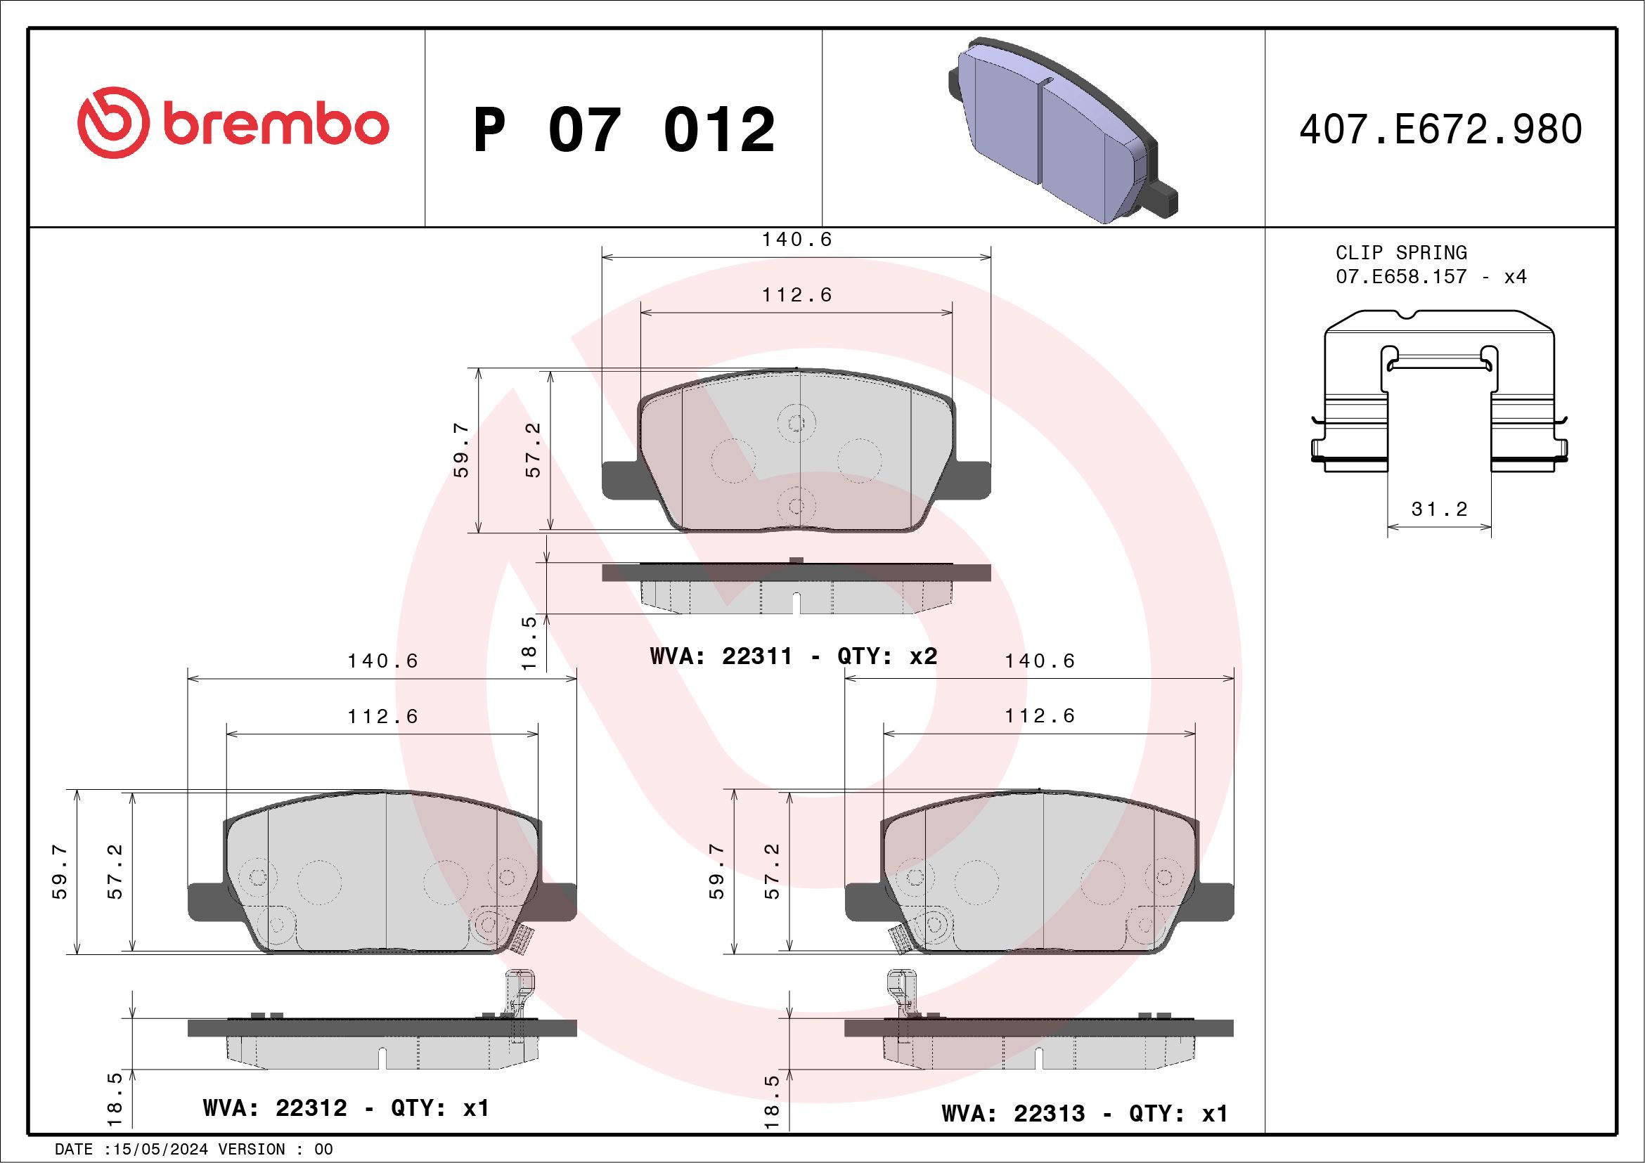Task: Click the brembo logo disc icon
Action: tap(113, 122)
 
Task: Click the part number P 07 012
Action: tap(624, 130)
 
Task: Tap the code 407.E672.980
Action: tap(1440, 129)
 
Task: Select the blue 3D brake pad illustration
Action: tap(1060, 133)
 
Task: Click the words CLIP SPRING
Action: tap(1400, 253)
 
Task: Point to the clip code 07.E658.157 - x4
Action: tap(1431, 276)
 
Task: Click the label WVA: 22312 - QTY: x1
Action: tap(346, 1108)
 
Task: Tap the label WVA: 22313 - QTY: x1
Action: tap(1084, 1114)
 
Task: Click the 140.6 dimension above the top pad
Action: tap(796, 240)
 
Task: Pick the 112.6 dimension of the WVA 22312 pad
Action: tap(382, 716)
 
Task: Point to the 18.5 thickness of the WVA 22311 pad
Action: tap(529, 642)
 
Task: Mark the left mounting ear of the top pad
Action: tap(621, 479)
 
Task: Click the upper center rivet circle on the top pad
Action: tap(796, 424)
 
